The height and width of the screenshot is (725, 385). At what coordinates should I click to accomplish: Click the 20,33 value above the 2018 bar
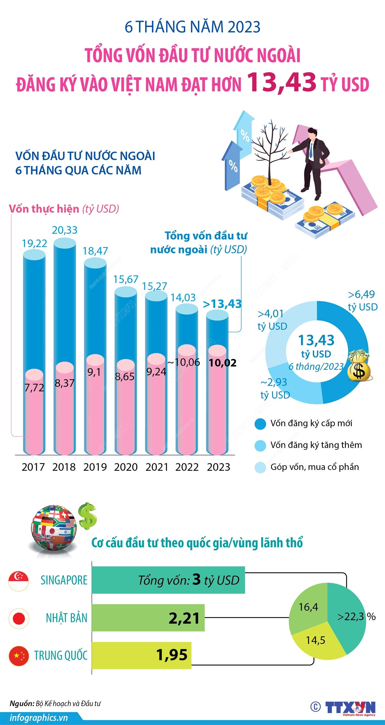(x=64, y=230)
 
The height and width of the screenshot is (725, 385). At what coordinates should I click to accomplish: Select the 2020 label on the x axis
(x=126, y=467)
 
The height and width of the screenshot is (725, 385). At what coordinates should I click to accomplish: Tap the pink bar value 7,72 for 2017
(x=34, y=388)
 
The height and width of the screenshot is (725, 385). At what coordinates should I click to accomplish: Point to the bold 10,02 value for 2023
(x=223, y=363)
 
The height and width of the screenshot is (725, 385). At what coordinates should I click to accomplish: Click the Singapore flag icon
(x=19, y=581)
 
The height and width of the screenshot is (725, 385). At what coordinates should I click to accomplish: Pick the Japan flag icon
(x=19, y=618)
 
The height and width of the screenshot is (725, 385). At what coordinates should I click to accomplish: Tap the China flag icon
(x=19, y=656)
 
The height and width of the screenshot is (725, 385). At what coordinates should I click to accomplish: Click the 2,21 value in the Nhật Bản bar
(x=184, y=618)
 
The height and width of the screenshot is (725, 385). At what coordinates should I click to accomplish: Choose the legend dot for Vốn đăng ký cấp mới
(x=260, y=424)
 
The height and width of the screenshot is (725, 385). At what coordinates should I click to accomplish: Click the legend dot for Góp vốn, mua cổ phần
(x=260, y=468)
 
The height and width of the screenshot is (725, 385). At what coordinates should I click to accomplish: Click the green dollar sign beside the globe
(x=88, y=516)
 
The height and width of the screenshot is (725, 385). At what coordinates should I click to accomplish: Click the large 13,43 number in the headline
(x=282, y=82)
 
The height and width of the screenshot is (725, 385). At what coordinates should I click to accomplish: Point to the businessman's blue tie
(x=311, y=150)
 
